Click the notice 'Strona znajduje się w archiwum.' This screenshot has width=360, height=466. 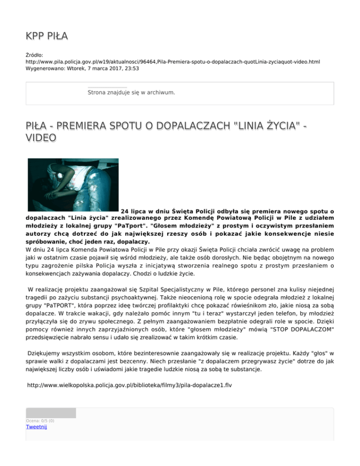point(131,92)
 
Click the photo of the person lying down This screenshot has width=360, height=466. point(73,185)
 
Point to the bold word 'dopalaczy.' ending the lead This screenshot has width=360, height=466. point(133,242)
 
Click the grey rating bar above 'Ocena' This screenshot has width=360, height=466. point(51,413)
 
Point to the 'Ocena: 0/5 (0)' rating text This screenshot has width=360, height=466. point(40,421)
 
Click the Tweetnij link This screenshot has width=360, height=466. point(37,427)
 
